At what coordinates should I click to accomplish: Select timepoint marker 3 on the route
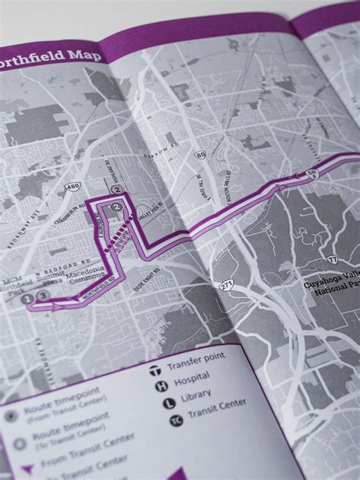pos(43,296)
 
